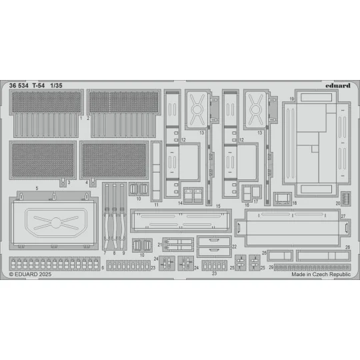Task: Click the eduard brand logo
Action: point(333,85)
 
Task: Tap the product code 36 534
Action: point(21,85)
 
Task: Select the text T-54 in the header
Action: point(43,85)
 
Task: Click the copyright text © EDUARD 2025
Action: point(31,274)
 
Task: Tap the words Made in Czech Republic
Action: point(314,274)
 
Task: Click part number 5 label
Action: point(36,189)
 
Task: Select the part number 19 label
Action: point(292,99)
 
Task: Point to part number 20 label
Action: point(338,203)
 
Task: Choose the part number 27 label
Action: point(343,217)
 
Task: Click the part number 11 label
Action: point(156,205)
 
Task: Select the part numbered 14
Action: point(193,195)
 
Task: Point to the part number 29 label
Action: point(271,267)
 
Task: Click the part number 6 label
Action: point(103,267)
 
